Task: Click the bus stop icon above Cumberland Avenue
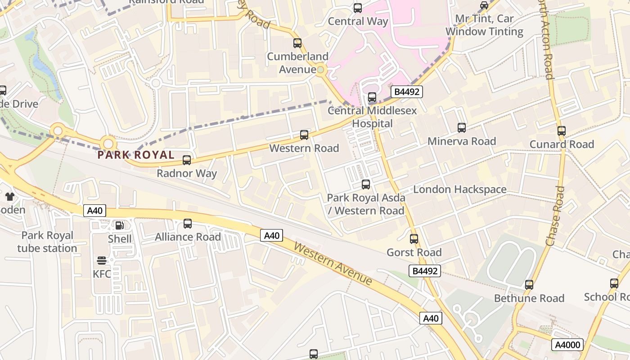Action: coord(297,43)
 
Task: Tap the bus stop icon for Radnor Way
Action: coord(187,160)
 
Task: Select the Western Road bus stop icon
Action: coord(304,135)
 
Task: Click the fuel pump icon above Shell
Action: coord(119,225)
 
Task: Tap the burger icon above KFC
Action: coord(102,261)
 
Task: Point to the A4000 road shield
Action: coord(567,345)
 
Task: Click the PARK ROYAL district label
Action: coord(136,155)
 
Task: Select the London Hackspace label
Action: coord(459,189)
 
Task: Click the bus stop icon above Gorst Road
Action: coord(414,239)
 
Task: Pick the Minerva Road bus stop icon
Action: coord(462,128)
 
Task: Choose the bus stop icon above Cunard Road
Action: coord(561,131)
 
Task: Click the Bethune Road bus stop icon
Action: coord(529,285)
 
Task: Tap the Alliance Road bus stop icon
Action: coord(188,224)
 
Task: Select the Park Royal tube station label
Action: coord(47,242)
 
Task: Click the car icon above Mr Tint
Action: coord(484,5)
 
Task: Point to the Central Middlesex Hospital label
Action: coord(372,117)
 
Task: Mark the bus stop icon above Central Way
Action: coord(358,8)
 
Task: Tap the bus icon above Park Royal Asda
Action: coord(366,184)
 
